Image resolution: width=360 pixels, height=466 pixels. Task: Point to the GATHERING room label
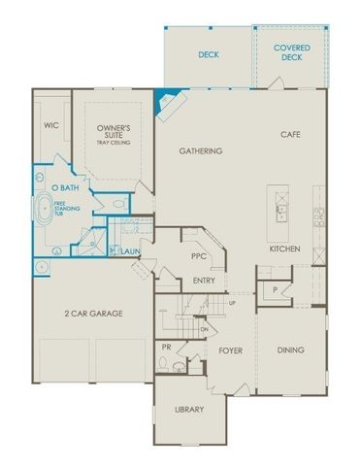coord(201,151)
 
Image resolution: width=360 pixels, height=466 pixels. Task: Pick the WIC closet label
coord(52,125)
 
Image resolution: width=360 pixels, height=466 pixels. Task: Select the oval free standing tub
coord(47,212)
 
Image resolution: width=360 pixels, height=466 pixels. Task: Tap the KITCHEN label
coord(284,250)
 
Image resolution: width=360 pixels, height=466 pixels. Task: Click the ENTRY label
coord(204,282)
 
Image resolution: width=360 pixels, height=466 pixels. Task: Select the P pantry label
coord(276,290)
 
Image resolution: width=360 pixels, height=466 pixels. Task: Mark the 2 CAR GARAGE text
coord(92,313)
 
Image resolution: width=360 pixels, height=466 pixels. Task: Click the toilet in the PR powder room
coord(166,366)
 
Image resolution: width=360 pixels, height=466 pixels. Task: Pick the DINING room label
coord(289,350)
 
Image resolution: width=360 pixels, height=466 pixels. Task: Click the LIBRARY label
coord(189,410)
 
